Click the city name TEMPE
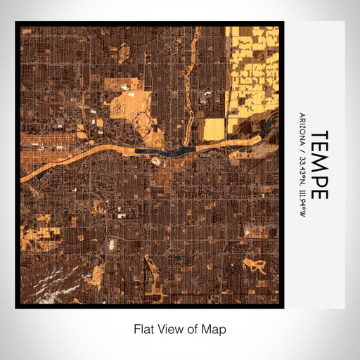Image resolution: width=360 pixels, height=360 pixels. pos(318,164)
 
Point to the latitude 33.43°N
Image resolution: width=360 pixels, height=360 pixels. pos(302,168)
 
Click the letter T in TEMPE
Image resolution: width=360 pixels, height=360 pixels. pos(318,134)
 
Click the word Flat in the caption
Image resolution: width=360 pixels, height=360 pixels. pos(143,328)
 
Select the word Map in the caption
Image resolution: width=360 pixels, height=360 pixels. pos(215,328)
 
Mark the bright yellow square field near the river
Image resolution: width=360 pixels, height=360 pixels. pos(214,128)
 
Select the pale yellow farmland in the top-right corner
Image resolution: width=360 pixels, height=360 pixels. pos(253,70)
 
